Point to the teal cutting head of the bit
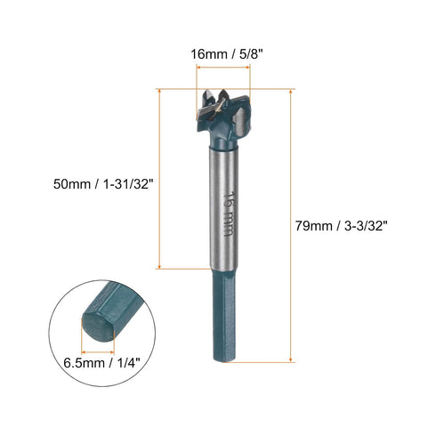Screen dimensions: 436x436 pos(230,133)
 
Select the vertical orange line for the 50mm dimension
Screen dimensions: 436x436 pos(159,178)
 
